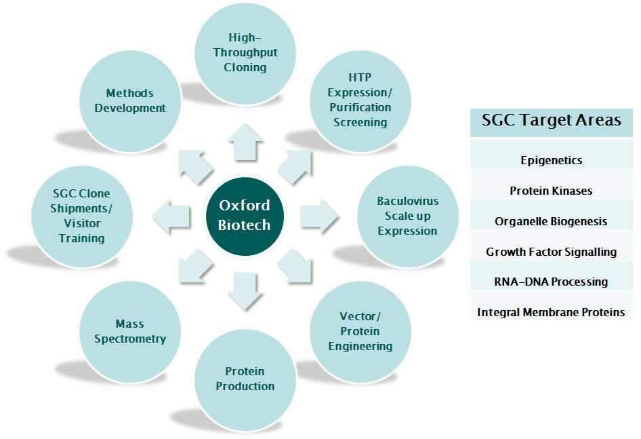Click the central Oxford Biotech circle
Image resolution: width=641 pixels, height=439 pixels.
(245, 216)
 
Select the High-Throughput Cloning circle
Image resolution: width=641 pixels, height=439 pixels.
(245, 54)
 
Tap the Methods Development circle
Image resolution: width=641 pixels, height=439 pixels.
(130, 101)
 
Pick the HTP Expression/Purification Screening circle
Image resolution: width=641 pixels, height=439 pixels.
(360, 101)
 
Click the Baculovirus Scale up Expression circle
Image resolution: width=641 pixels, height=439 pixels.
(408, 216)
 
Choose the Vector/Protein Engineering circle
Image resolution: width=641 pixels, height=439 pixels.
(360, 332)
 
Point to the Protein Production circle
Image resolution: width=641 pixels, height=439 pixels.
(245, 379)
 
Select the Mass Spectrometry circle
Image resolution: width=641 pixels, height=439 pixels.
(130, 332)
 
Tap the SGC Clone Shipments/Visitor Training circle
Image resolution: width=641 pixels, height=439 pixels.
(82, 216)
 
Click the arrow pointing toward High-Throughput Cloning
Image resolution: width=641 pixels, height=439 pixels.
(245, 142)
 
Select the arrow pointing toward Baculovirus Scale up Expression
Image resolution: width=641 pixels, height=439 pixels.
(319, 216)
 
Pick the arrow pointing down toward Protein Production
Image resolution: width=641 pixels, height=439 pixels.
(245, 291)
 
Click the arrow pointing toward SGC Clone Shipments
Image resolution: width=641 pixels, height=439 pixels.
(171, 216)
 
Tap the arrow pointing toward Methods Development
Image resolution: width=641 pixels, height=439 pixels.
(195, 167)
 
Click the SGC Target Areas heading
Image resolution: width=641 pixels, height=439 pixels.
(552, 120)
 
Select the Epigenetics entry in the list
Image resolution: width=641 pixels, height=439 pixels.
(552, 160)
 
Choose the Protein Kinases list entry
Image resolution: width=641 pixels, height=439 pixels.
(551, 191)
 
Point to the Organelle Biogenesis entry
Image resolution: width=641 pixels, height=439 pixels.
(551, 221)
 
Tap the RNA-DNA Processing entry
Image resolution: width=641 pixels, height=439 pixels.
(551, 282)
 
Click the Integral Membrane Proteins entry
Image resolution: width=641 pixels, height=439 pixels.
(551, 312)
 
